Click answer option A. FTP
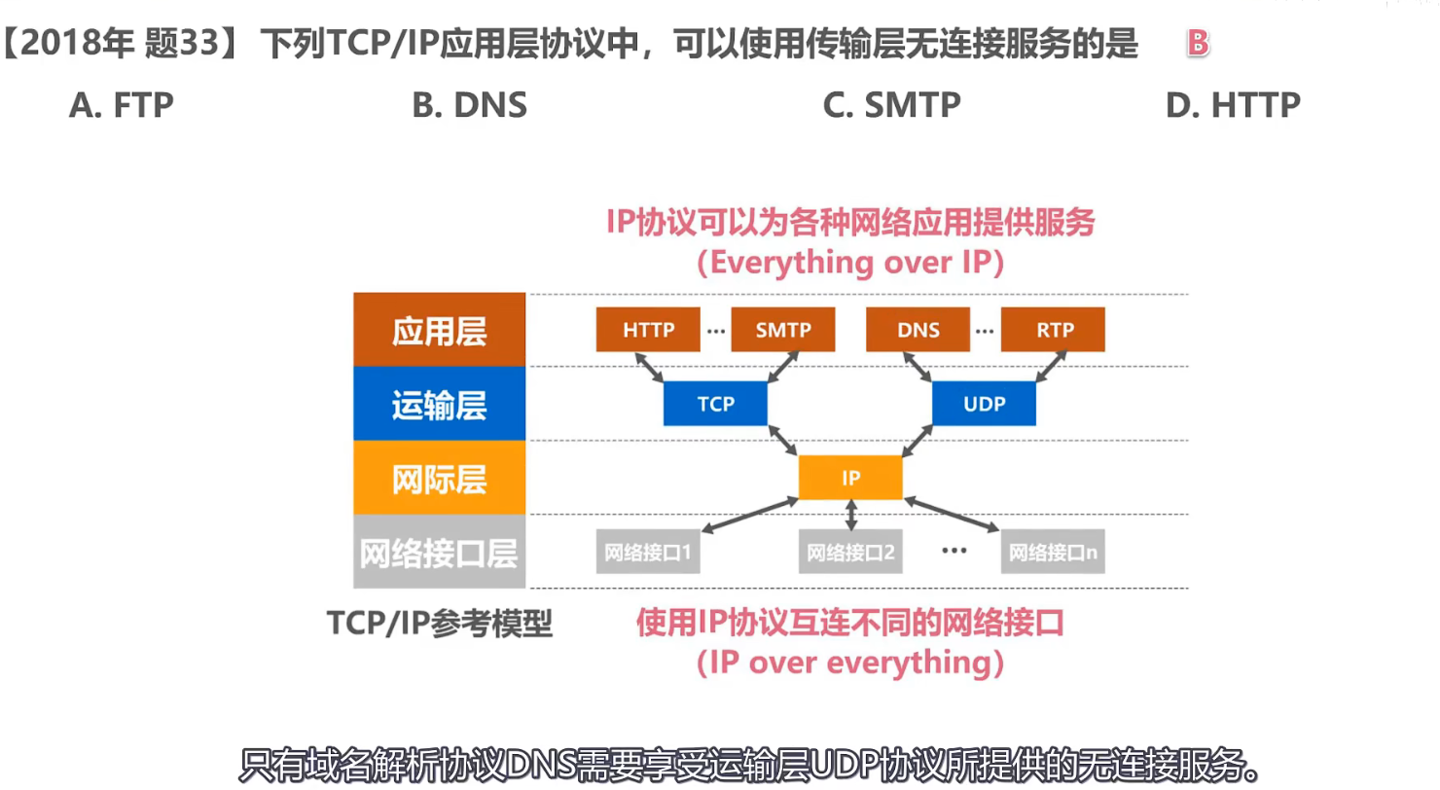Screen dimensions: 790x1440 [x=122, y=105]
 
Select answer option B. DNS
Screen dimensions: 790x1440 [x=470, y=105]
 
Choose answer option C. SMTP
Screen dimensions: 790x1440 [x=891, y=105]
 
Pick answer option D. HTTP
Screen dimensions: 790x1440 [x=1233, y=105]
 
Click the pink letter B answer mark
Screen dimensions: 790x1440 [x=1199, y=44]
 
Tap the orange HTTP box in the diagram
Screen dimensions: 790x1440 [x=648, y=330]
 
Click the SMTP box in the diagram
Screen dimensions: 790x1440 [x=783, y=330]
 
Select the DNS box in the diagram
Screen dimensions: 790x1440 [x=918, y=330]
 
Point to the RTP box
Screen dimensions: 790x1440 [x=1054, y=330]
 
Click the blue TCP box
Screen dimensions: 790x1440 [x=715, y=404]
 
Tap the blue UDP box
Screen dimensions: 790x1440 [x=984, y=404]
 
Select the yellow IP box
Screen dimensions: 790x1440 [x=850, y=478]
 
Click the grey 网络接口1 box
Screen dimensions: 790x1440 [x=648, y=553]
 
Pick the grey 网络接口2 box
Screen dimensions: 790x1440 [x=850, y=553]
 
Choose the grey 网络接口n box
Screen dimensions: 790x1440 [x=1054, y=553]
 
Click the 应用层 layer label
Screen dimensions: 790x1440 [x=440, y=331]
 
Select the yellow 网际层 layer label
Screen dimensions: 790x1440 [x=440, y=479]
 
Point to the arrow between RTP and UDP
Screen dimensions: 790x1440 [x=1046, y=367]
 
